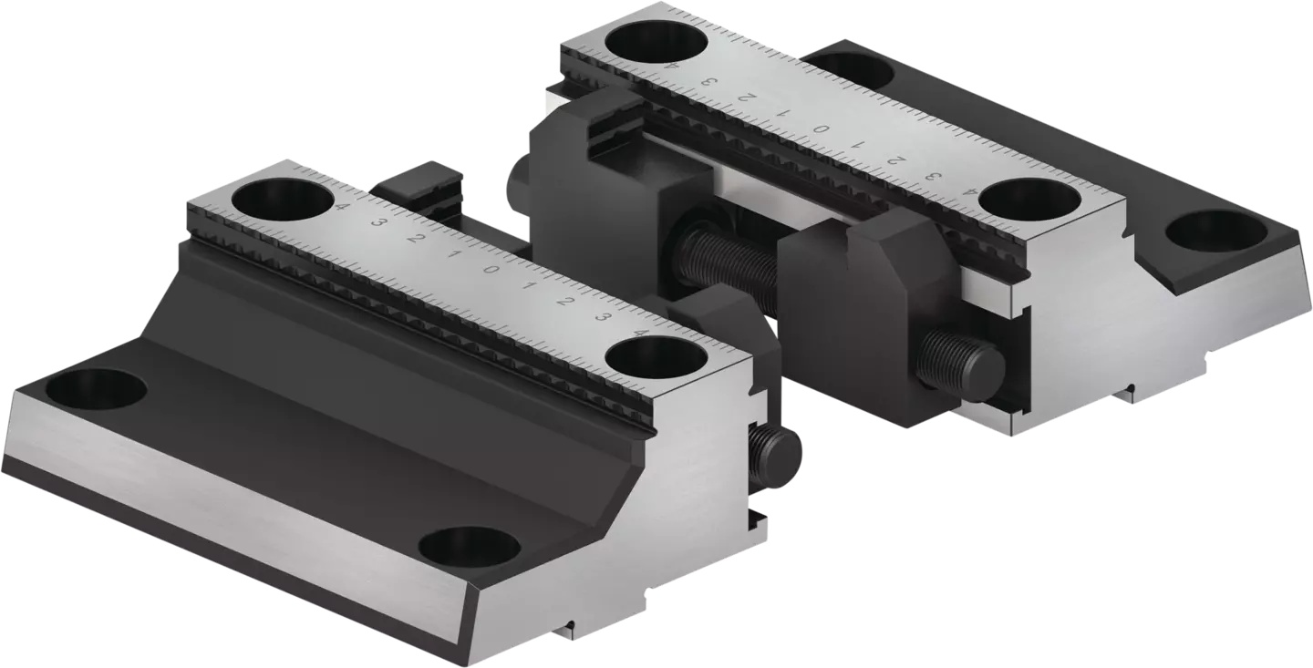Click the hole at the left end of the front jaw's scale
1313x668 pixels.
tap(281, 199)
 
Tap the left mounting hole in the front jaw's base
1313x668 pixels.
tap(96, 390)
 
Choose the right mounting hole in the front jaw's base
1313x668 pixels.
tap(469, 547)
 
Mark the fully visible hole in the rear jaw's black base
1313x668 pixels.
tap(1217, 231)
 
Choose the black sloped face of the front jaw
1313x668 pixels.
tap(301, 319)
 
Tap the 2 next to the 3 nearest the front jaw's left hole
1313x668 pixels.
tap(415, 239)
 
